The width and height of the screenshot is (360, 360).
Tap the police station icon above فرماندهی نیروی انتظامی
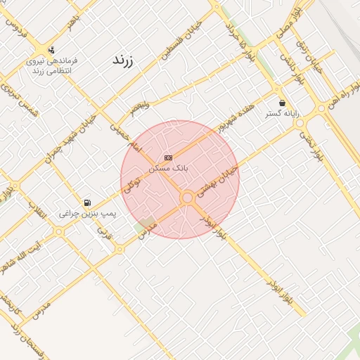[x=51, y=50]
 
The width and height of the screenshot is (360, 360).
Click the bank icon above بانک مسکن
[x=168, y=157]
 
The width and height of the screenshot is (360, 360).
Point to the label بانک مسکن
[x=169, y=168]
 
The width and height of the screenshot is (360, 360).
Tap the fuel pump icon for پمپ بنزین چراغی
[x=87, y=202]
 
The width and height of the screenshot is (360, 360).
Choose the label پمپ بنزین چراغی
[x=88, y=212]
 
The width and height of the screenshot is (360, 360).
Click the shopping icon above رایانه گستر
[x=282, y=103]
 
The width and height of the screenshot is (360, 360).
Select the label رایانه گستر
[x=282, y=112]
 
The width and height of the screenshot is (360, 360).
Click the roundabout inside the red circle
[x=187, y=198]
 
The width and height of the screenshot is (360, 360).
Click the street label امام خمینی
[x=126, y=137]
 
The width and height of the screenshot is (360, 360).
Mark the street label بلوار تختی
[x=309, y=145]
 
